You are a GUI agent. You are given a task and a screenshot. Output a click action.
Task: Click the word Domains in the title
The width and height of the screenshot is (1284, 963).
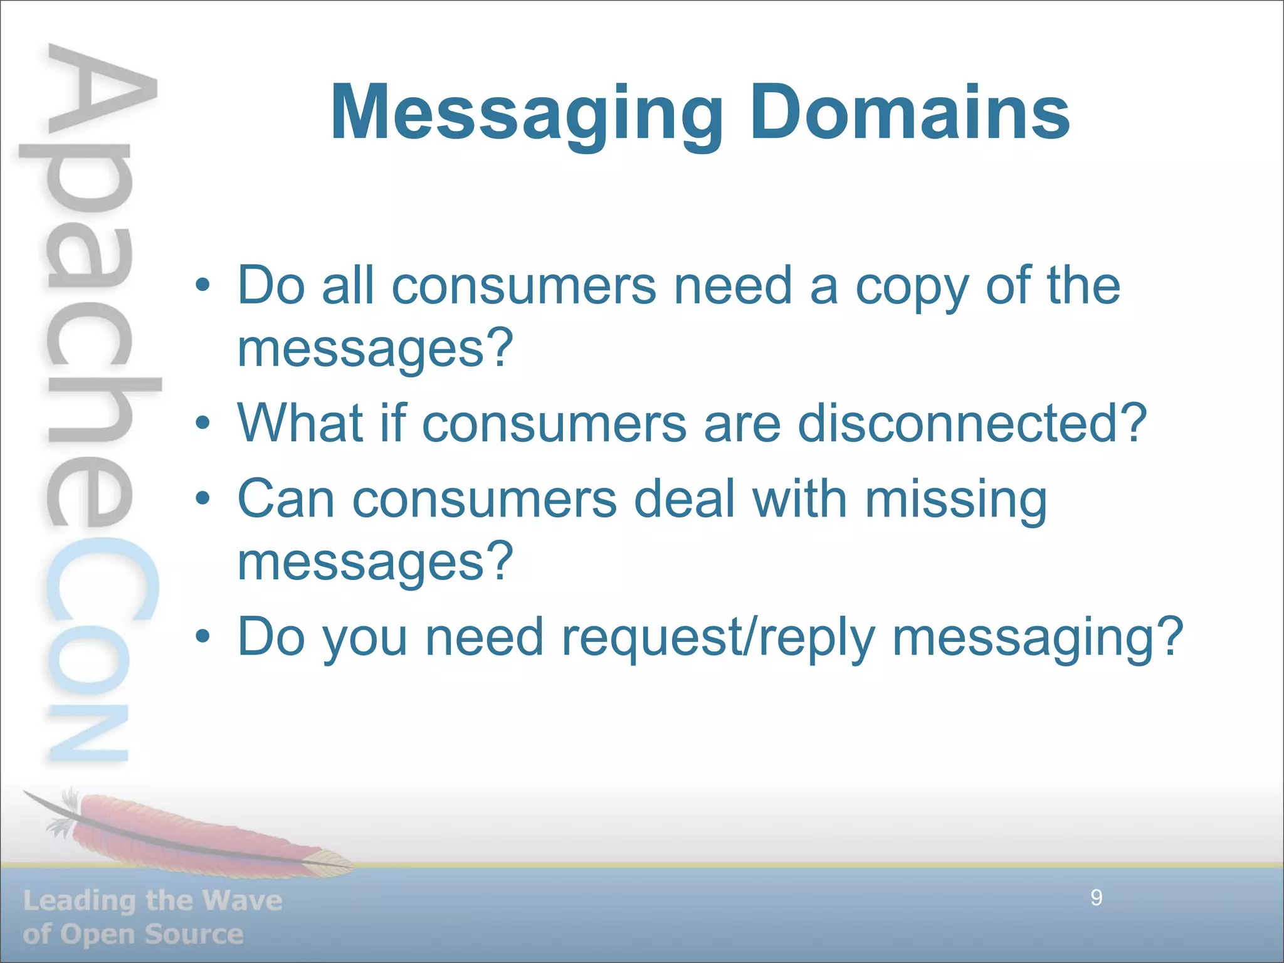pyautogui.click(x=910, y=113)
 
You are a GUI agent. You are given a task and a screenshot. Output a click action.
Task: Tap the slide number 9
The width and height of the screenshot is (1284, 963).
pyautogui.click(x=1097, y=898)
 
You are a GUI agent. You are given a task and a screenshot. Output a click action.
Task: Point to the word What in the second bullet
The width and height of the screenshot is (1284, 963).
pyautogui.click(x=300, y=423)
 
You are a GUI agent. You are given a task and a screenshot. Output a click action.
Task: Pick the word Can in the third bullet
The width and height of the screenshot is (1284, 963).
pyautogui.click(x=286, y=499)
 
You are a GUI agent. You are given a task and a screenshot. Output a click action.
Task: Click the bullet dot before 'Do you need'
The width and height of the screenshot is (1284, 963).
pyautogui.click(x=202, y=637)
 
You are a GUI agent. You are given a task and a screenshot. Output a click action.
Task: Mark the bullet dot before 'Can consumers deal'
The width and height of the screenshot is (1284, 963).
pyautogui.click(x=202, y=499)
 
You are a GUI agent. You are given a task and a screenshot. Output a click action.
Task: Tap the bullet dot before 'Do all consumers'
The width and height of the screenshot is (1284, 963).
pyautogui.click(x=202, y=286)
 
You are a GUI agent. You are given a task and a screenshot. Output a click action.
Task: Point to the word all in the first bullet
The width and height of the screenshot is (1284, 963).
pyautogui.click(x=348, y=286)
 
